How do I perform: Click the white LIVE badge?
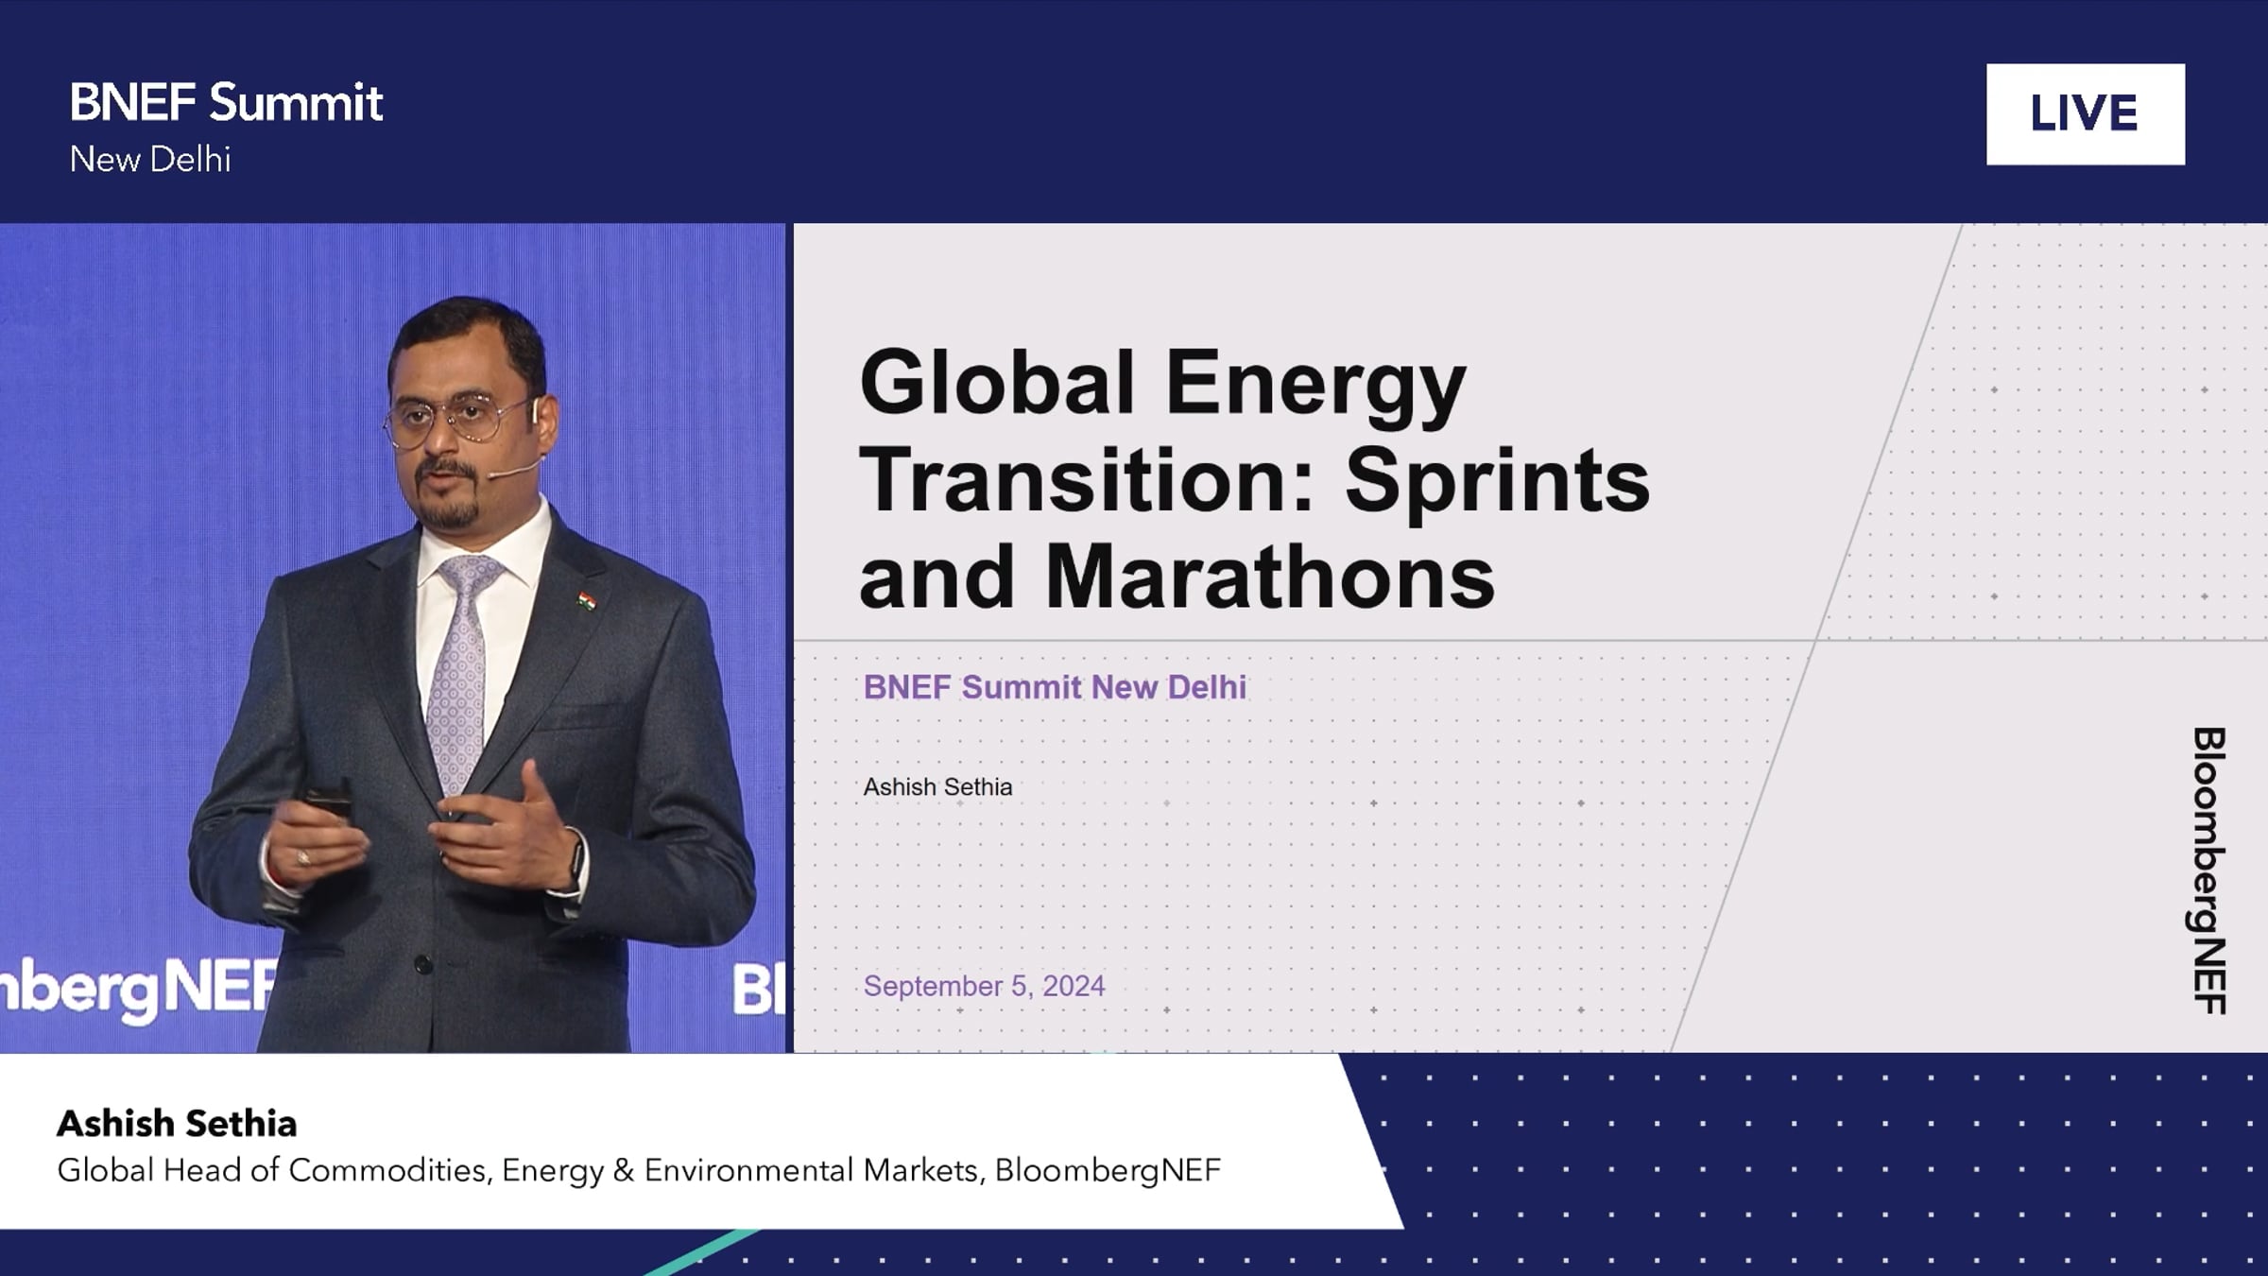(x=2085, y=114)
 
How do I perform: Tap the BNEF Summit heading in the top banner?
(x=226, y=102)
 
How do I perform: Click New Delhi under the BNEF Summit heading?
(x=150, y=160)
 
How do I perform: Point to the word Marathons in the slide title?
(x=1270, y=577)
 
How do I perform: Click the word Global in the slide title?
(x=997, y=382)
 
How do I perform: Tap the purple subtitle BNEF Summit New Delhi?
(x=1055, y=687)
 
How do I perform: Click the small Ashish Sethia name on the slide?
(x=937, y=786)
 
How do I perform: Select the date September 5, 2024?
(x=984, y=986)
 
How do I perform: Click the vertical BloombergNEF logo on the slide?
(x=2209, y=871)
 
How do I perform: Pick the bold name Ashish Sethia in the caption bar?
(x=177, y=1124)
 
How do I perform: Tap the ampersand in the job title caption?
(x=623, y=1170)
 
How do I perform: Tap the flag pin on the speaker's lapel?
(x=587, y=600)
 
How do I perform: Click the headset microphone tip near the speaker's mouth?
(x=494, y=475)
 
